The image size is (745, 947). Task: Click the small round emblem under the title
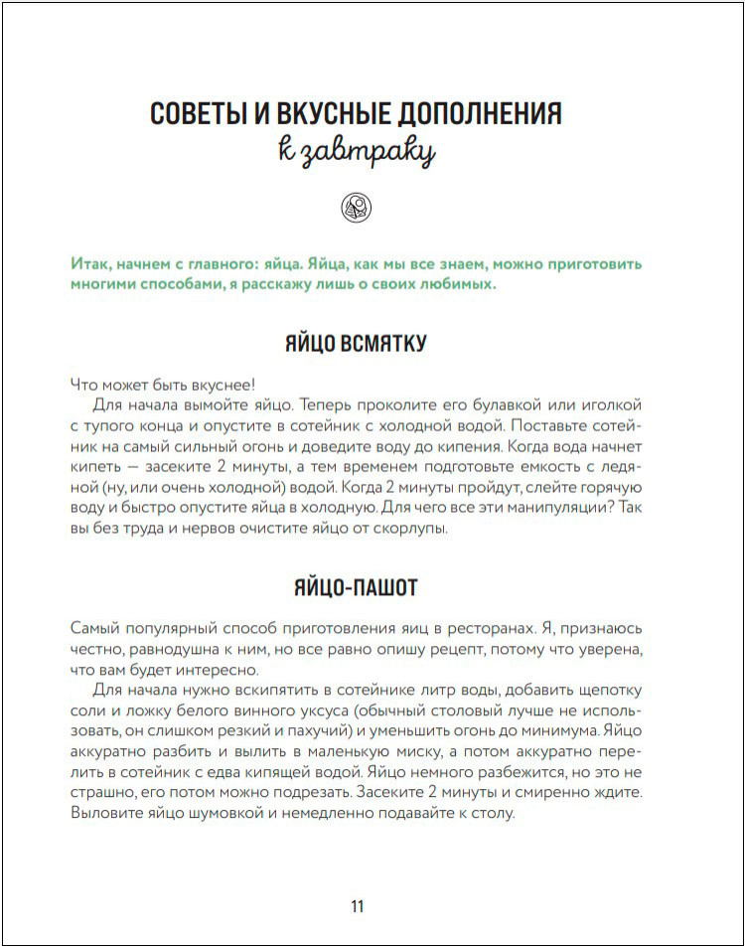click(x=356, y=206)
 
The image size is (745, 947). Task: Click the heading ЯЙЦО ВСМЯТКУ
click(x=356, y=344)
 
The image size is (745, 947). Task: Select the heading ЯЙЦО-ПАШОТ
click(x=356, y=587)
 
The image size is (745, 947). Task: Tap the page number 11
click(x=358, y=906)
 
